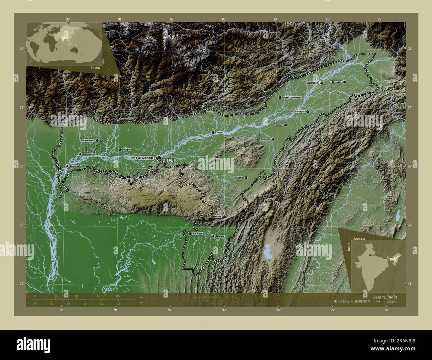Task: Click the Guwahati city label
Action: [145, 158]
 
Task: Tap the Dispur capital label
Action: [169, 160]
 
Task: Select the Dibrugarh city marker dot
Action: [321, 83]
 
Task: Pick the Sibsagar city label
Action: [300, 112]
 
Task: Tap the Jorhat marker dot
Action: [285, 125]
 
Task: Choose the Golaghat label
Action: [265, 139]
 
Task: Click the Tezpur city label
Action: [220, 133]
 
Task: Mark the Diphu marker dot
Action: [246, 178]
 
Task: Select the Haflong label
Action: [217, 217]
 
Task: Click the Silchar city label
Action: [220, 236]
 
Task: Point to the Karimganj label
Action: [198, 234]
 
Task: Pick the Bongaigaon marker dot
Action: [97, 140]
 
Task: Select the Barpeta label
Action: [128, 150]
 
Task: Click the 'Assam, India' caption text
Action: [382, 296]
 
